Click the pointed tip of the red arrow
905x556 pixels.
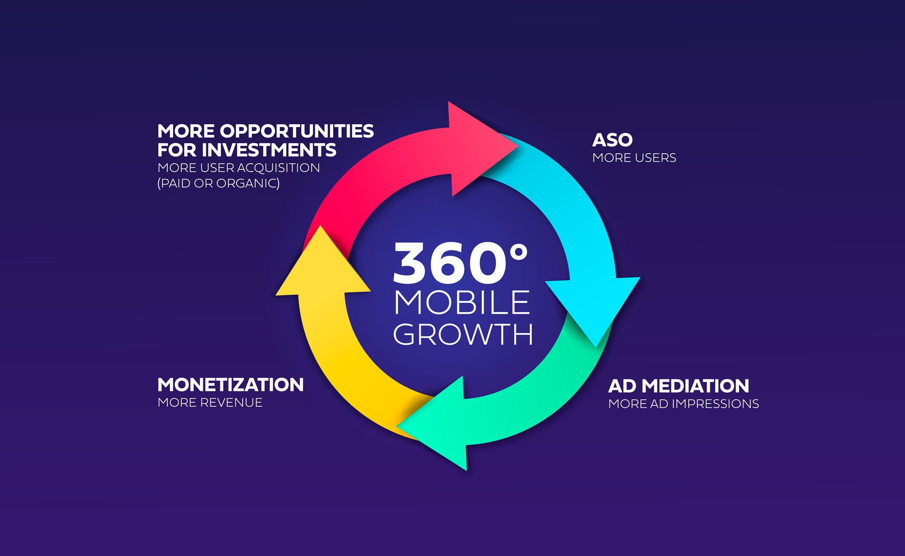tap(517, 146)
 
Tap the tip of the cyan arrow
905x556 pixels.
tap(596, 346)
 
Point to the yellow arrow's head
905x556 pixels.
tap(321, 226)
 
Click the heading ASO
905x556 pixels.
tap(612, 140)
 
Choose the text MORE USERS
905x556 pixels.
tap(634, 158)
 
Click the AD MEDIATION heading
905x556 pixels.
tap(678, 386)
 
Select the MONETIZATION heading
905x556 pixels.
tap(230, 385)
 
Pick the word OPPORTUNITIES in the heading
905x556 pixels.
tap(297, 131)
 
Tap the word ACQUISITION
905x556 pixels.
tap(278, 168)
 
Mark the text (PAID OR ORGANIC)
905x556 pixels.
tap(219, 183)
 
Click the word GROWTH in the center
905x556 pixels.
tap(463, 334)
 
